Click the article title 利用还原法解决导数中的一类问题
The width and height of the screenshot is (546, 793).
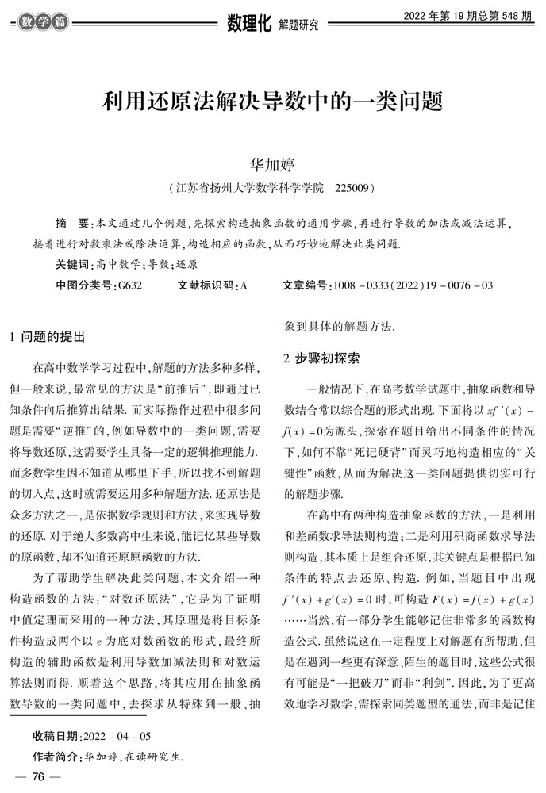[x=272, y=102]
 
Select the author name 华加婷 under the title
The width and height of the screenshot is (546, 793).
[x=272, y=165]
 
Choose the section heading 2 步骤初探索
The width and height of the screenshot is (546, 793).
[x=321, y=358]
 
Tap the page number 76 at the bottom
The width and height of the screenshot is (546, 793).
[x=37, y=777]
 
